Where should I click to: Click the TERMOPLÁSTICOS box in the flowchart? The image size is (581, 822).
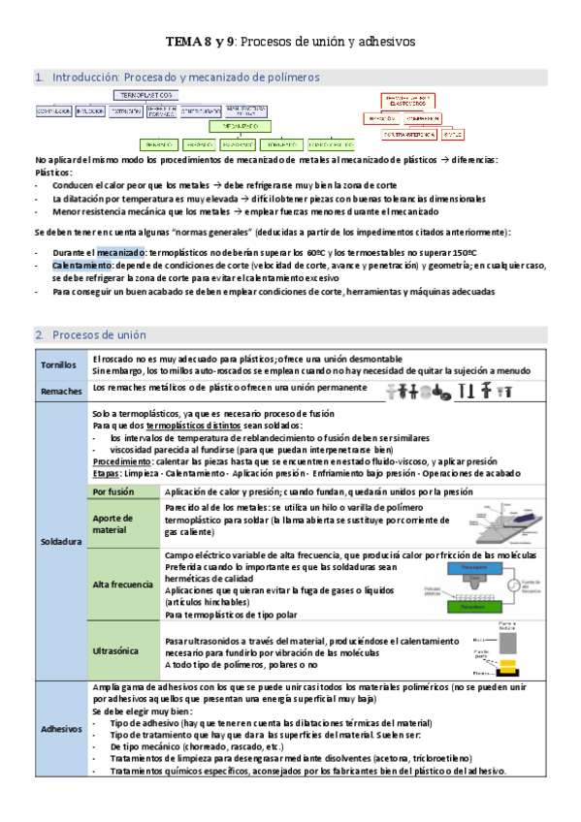tap(146, 96)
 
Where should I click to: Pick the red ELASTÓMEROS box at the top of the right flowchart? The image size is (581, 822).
tap(405, 100)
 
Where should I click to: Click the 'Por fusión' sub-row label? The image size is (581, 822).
tap(113, 491)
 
